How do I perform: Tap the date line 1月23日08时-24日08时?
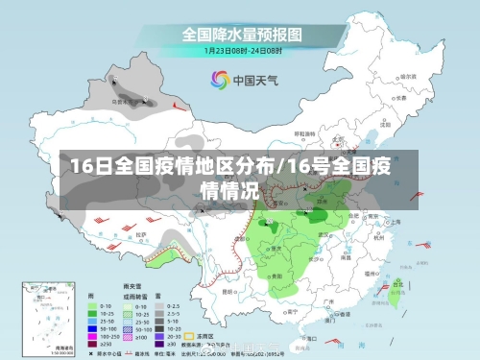tap(240, 50)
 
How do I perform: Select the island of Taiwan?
tap(396, 288)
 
